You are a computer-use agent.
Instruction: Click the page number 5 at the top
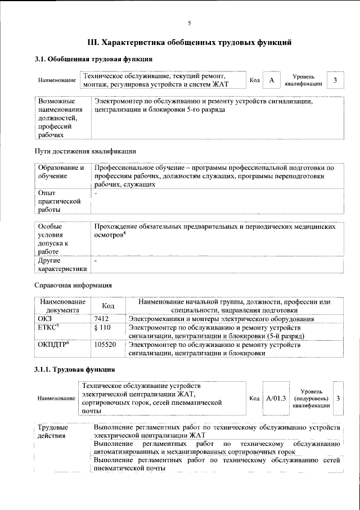pos(189,23)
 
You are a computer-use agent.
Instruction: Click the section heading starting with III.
pos(189,42)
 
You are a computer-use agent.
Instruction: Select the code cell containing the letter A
pos(272,80)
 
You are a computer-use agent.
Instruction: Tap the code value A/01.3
pos(276,398)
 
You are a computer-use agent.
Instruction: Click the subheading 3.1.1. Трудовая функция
pos(75,369)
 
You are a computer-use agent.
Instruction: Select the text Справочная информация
pos(73,286)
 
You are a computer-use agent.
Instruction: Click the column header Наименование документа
pos(62,305)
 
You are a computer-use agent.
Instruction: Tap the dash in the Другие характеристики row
pos(96,261)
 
